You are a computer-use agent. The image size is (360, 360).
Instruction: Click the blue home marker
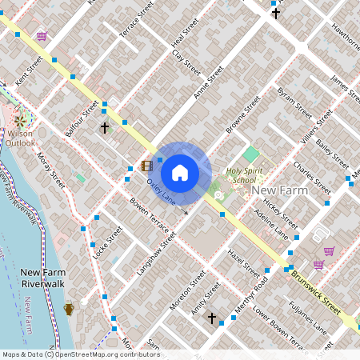click(x=180, y=172)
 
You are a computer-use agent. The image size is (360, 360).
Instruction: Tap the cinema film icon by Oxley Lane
click(x=146, y=166)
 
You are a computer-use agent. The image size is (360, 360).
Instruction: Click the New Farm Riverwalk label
click(x=36, y=278)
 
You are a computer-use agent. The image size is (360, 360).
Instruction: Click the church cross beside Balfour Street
click(x=104, y=128)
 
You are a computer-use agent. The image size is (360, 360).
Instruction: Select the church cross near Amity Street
click(x=212, y=318)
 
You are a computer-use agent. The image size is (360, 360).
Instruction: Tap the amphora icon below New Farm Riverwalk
click(x=69, y=308)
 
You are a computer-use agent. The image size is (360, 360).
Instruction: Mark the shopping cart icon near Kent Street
click(x=42, y=36)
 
